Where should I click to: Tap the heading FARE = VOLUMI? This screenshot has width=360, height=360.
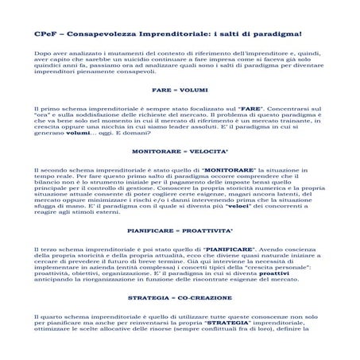pyautogui.click(x=180, y=89)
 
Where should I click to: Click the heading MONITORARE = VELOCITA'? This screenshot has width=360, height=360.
pyautogui.click(x=180, y=149)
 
